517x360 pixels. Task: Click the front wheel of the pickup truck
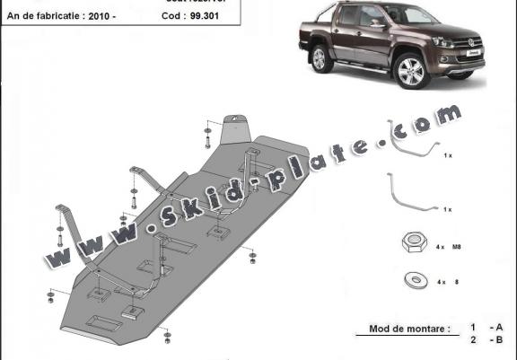click(412, 73)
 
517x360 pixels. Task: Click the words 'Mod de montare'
click(407, 329)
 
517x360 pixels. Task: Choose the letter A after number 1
click(499, 329)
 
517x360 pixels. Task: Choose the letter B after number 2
click(499, 342)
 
